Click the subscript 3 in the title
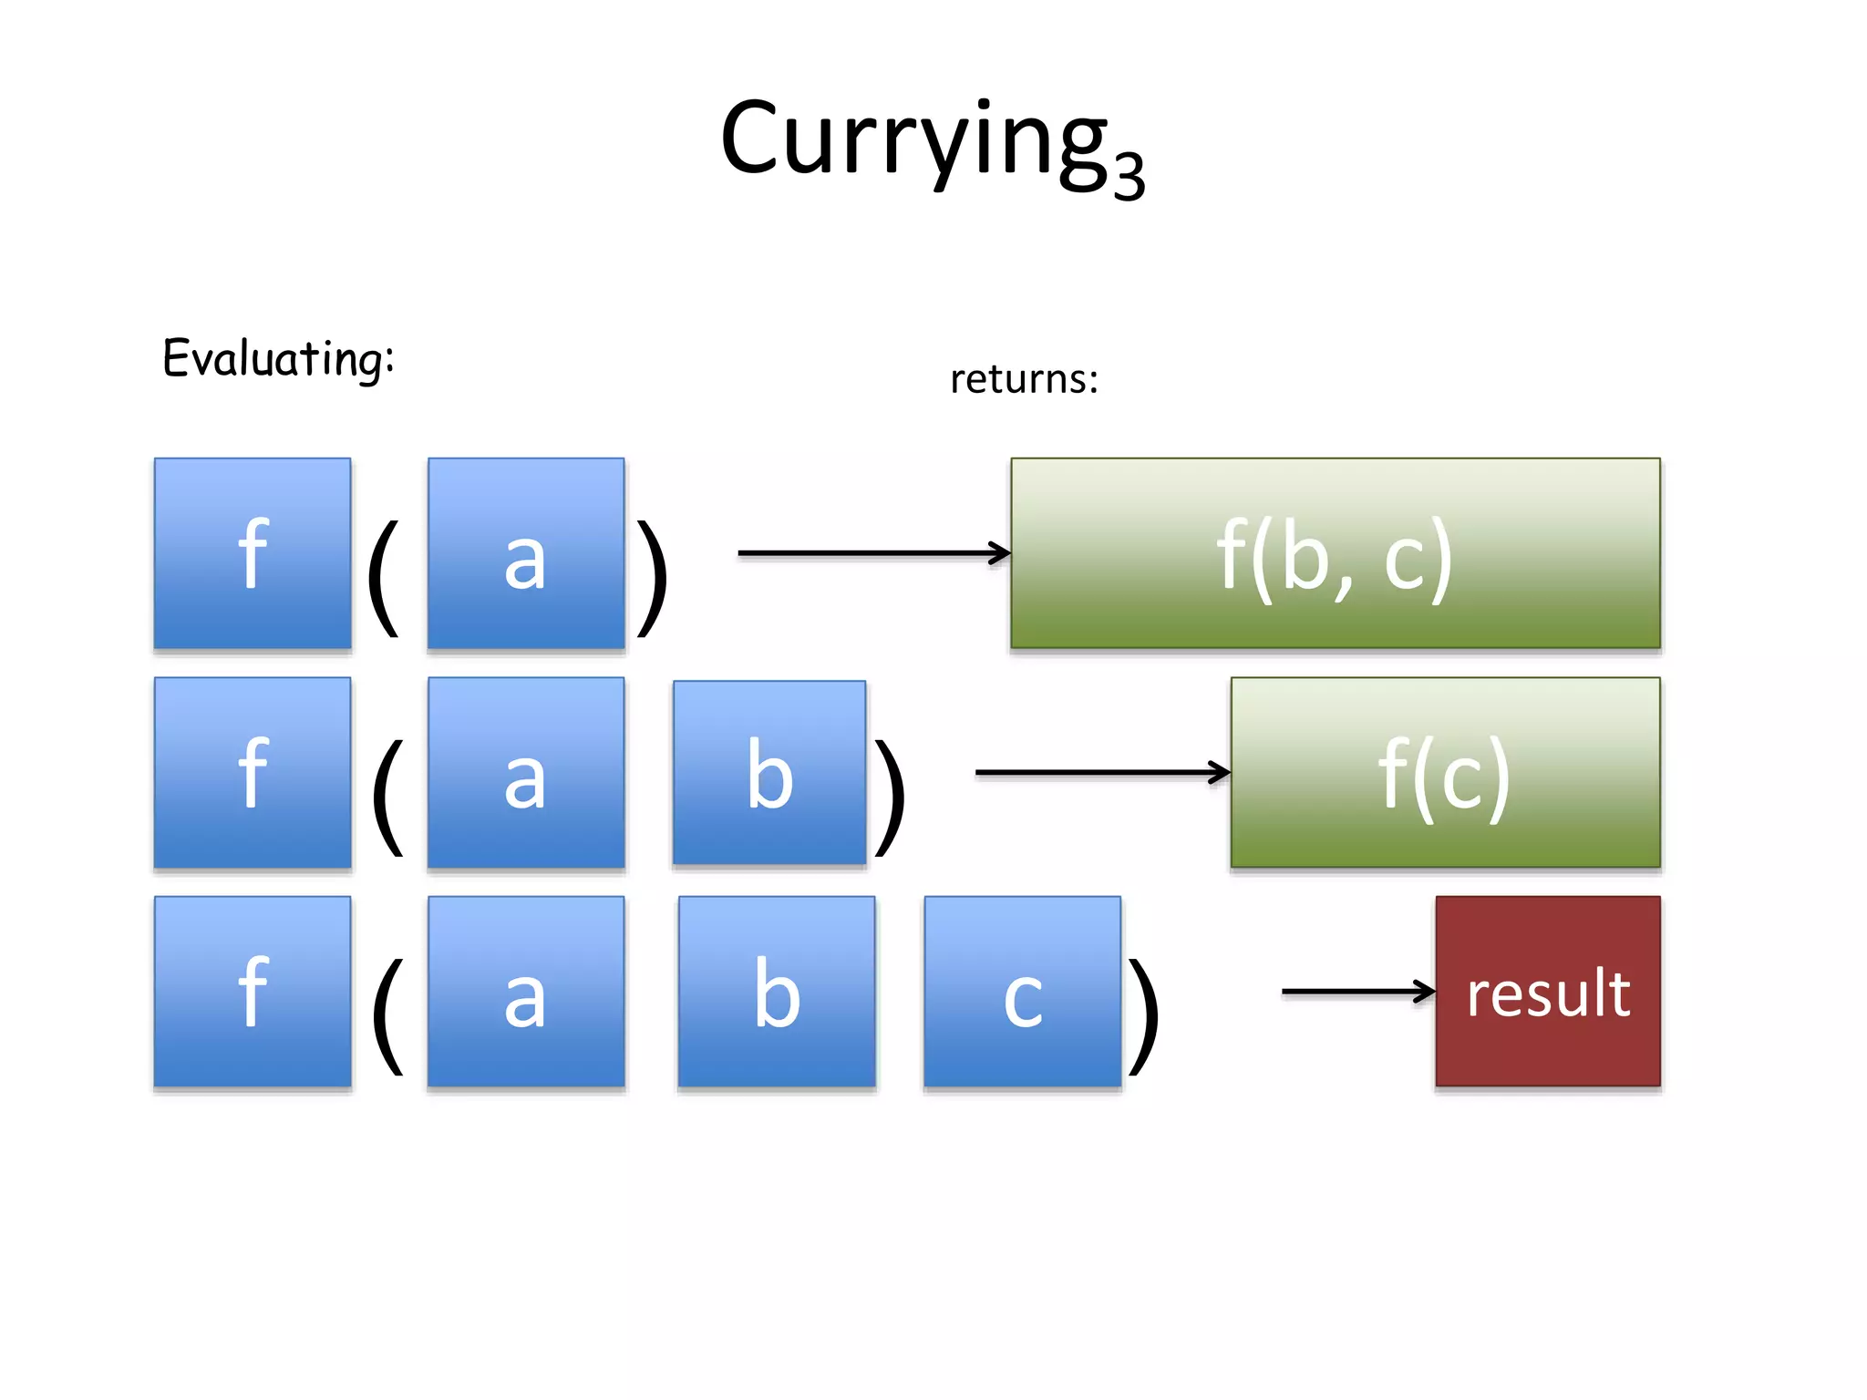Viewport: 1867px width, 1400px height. coord(1129,175)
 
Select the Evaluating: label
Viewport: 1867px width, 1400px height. coord(278,357)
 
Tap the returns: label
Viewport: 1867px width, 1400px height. coord(1024,378)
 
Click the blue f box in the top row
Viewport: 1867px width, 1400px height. coord(253,553)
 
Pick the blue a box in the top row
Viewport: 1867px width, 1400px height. coord(526,553)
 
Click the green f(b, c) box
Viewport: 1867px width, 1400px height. coord(1335,553)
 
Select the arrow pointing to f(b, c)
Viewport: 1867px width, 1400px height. coord(872,552)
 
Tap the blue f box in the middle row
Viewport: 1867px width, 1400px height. coord(253,773)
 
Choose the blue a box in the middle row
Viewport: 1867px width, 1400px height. coord(526,773)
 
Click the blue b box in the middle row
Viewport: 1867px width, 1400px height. coord(769,773)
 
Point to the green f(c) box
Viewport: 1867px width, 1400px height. coord(1445,773)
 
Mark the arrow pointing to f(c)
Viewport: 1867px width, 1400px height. coord(1101,772)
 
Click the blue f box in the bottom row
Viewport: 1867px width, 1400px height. coord(253,992)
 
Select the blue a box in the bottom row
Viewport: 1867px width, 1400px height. coord(526,992)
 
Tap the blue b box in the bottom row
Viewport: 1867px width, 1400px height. coord(777,992)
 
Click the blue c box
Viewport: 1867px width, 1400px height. coord(1022,992)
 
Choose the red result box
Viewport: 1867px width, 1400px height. coord(1547,992)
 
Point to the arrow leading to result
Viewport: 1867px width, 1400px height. coord(1357,991)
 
